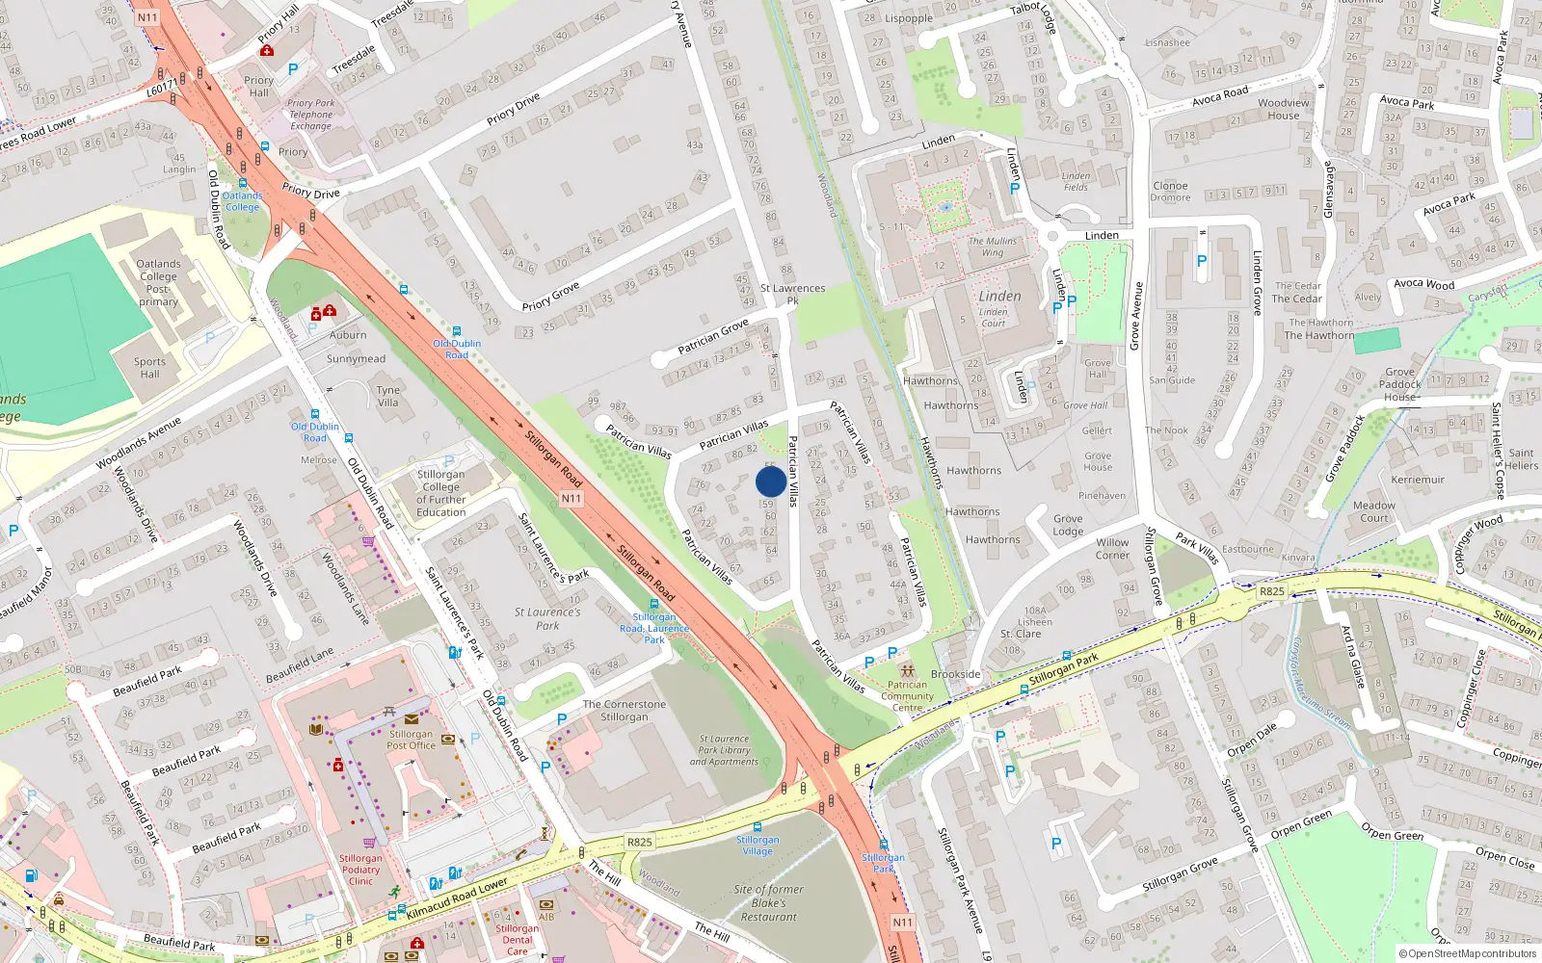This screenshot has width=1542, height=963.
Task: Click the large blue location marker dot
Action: (x=771, y=481)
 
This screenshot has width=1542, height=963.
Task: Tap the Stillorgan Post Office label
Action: (x=412, y=739)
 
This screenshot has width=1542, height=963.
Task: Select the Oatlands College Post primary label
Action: (x=158, y=282)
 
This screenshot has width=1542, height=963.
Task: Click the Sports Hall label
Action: (x=149, y=368)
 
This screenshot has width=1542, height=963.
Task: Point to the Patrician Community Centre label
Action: (x=907, y=695)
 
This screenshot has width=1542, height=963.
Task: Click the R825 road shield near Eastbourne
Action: (x=1272, y=591)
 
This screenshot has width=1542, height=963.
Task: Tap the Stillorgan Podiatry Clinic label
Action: (x=360, y=870)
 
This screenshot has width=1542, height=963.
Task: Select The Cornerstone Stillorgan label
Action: (x=624, y=711)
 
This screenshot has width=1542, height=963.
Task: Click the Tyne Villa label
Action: (x=387, y=397)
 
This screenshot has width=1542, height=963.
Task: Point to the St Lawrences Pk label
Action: (x=792, y=294)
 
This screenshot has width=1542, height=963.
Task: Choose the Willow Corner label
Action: (x=1112, y=549)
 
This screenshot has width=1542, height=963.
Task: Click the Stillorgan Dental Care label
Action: (x=518, y=940)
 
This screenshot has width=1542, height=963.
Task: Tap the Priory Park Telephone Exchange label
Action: (x=310, y=115)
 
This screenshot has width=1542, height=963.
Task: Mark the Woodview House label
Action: (x=1284, y=109)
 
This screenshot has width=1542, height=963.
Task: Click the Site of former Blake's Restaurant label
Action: (x=768, y=903)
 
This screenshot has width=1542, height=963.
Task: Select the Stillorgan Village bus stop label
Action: (x=758, y=845)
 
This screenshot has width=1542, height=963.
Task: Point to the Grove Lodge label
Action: (x=1068, y=525)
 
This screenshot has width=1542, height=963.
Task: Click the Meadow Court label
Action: (x=1373, y=511)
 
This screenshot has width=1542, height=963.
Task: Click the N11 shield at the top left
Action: (x=146, y=17)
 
